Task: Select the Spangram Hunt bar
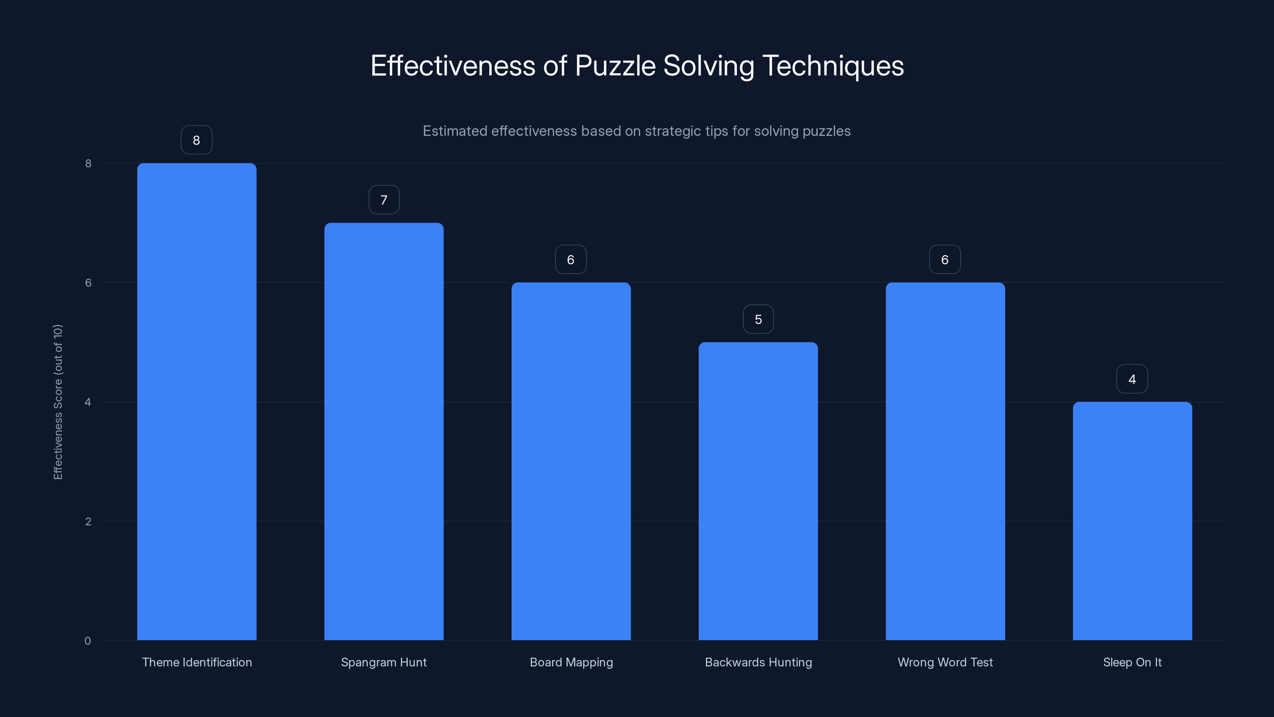pos(384,431)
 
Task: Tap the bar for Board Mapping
pos(571,461)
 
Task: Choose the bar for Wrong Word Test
pos(945,461)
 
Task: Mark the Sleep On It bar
pos(1132,521)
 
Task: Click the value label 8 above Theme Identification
pos(196,141)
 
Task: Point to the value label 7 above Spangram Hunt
pos(384,200)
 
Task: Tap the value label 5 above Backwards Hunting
pos(758,319)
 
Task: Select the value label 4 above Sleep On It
pos(1132,380)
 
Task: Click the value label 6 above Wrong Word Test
pos(945,260)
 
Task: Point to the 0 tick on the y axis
pos(88,641)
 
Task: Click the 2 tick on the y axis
pos(88,521)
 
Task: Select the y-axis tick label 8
pos(88,163)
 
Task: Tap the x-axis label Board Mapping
pos(571,662)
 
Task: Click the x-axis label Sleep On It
pos(1132,662)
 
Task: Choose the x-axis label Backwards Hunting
pos(758,662)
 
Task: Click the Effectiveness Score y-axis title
pos(58,402)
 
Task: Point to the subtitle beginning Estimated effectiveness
pos(637,131)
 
